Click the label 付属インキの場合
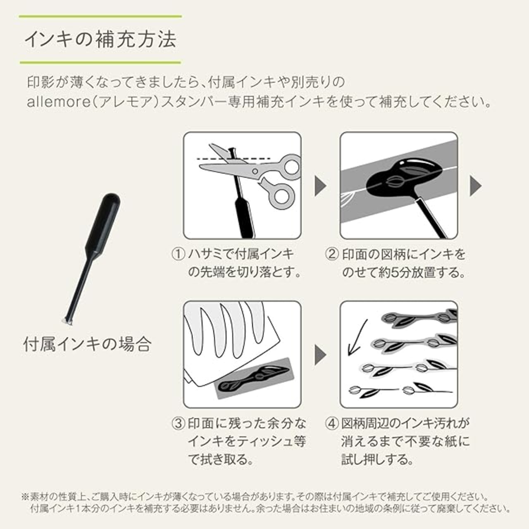tap(87, 344)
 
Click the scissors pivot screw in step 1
tap(255, 171)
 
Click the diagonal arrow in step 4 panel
tap(357, 337)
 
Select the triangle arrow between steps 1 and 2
tap(320, 186)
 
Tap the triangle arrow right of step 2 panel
tap(476, 186)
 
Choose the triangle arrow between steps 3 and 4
tap(320, 355)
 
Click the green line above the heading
tap(100, 17)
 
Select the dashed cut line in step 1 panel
tap(234, 159)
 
